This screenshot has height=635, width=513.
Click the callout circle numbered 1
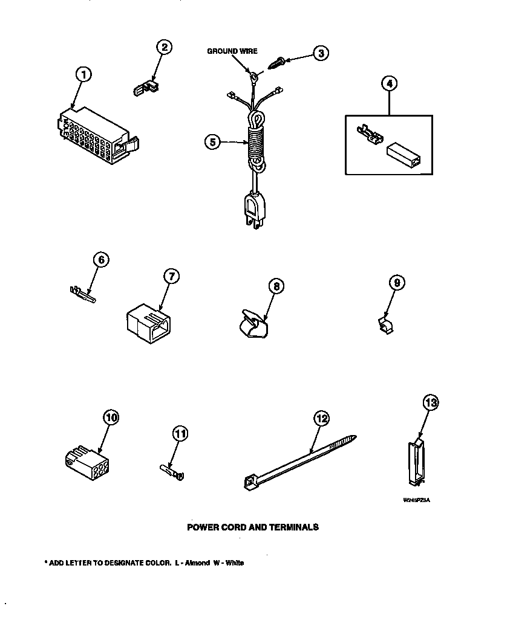click(x=83, y=75)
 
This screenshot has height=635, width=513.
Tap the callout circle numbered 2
click(x=163, y=47)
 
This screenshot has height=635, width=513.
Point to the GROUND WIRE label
click(x=232, y=51)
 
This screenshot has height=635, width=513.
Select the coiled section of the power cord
click(x=256, y=142)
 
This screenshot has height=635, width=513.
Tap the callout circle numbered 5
click(x=212, y=142)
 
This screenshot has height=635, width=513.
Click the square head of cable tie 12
click(x=248, y=482)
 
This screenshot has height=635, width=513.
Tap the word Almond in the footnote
click(x=198, y=562)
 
